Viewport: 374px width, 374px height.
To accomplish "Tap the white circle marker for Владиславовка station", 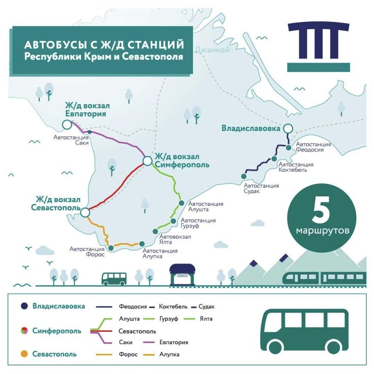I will pos(289,129).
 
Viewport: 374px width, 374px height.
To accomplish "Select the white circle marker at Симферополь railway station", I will pos(147,161).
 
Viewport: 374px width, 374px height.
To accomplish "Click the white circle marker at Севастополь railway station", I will pos(85,213).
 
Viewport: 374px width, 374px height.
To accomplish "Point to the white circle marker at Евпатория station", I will pos(67,124).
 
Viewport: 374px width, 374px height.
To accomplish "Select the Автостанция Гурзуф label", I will pos(199,224).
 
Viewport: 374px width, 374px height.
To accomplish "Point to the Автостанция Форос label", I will pos(87,252).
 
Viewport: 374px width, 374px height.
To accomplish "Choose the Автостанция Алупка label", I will pos(160,254).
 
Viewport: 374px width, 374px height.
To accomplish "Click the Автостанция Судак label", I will pos(261,189).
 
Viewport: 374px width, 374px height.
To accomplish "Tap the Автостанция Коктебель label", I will pos(296,167).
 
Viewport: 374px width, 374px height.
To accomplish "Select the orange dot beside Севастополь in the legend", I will pos(23,354).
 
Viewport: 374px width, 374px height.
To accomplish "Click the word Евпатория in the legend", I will pos(174,342).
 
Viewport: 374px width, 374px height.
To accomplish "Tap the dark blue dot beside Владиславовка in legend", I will pos(23,306).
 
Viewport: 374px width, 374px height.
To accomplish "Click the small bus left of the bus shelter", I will pos(114,278).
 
